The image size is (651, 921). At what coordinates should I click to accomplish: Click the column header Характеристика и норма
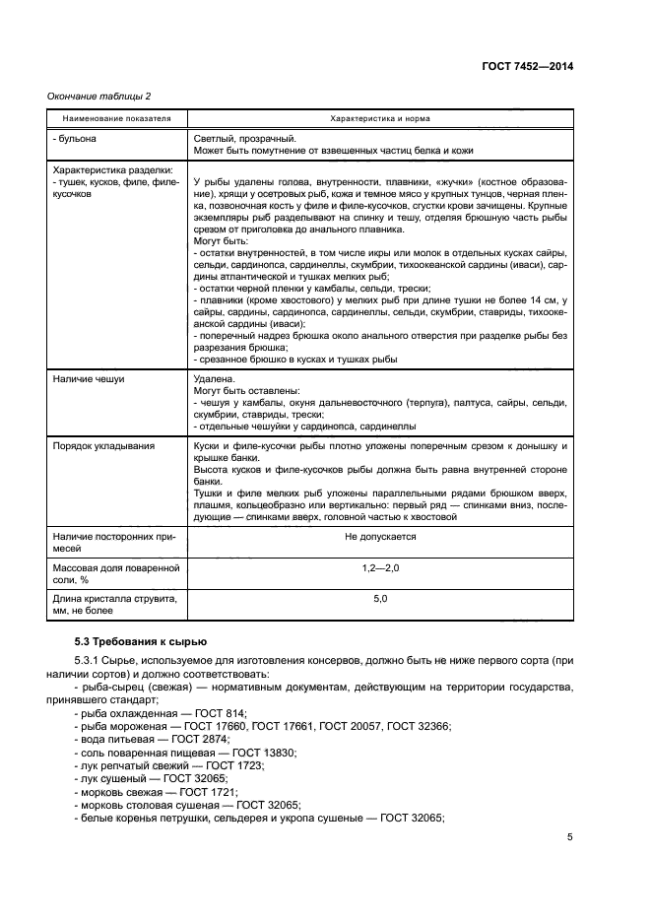[380, 118]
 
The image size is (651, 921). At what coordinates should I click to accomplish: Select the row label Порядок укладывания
[102, 446]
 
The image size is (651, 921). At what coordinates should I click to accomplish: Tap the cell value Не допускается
[380, 537]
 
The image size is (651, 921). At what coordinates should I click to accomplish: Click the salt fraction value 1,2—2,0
[380, 569]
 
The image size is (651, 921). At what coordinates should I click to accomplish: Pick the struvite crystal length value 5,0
[380, 599]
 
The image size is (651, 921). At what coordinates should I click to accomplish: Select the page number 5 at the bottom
[569, 838]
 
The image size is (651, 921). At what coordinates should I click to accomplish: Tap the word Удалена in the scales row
[215, 377]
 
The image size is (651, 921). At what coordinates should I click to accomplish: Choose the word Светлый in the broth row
[216, 139]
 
